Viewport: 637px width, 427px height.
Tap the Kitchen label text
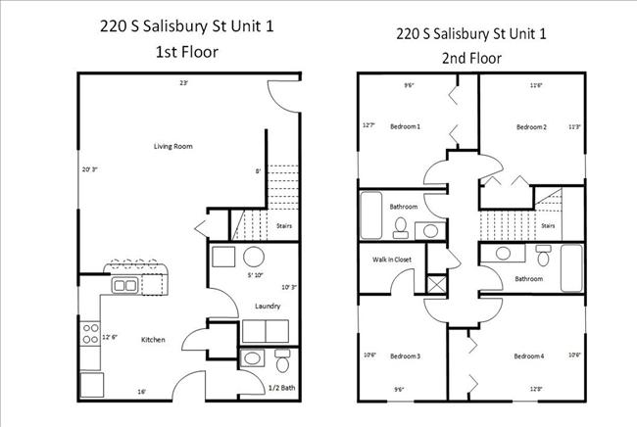point(152,340)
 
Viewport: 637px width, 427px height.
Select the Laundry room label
point(269,307)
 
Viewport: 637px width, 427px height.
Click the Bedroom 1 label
point(405,126)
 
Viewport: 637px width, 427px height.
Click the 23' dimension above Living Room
point(183,83)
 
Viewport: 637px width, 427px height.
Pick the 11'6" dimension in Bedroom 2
point(536,85)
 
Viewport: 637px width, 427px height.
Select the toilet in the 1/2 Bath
point(281,363)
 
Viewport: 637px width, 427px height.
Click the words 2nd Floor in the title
point(471,58)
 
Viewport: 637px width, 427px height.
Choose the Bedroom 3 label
point(405,356)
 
